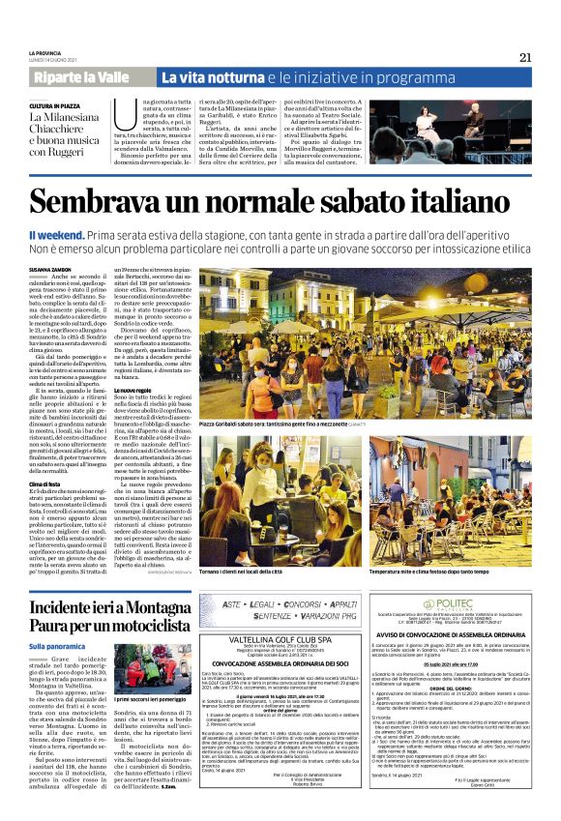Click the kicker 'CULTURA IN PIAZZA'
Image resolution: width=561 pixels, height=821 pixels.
(x=54, y=104)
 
